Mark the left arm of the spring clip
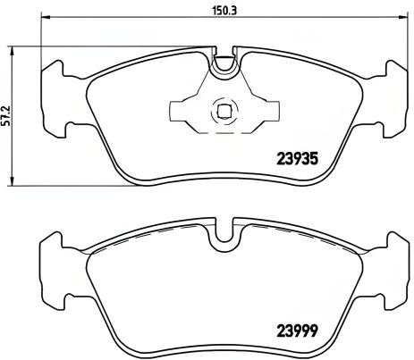click(184, 111)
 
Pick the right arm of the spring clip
click(259, 112)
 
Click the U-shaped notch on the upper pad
click(224, 63)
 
